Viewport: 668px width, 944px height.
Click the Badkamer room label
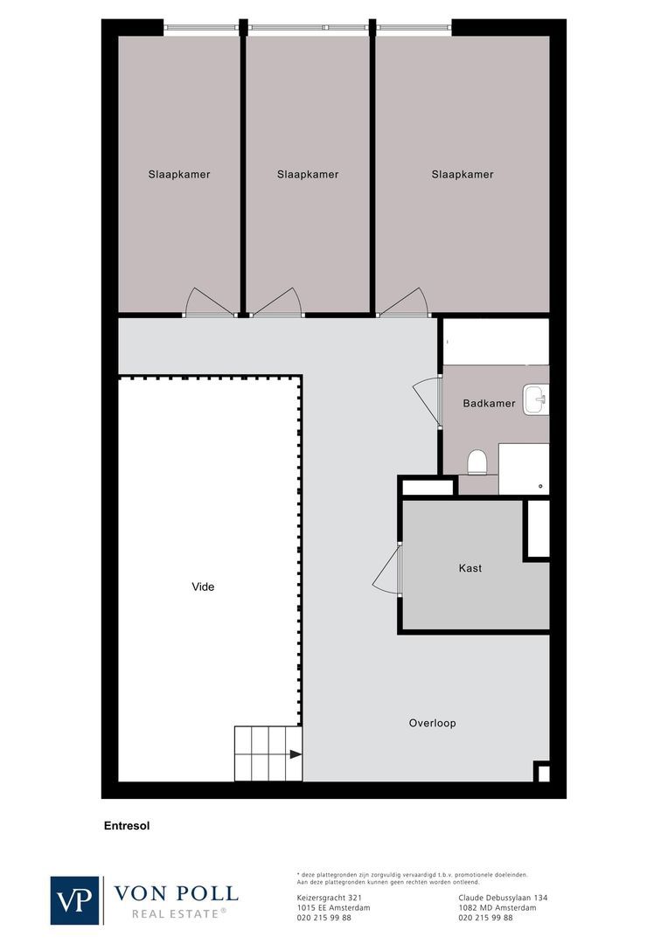point(489,404)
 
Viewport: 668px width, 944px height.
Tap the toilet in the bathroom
point(477,461)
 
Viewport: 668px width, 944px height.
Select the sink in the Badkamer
point(535,400)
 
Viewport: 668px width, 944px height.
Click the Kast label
point(470,568)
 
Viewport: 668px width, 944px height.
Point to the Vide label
point(203,587)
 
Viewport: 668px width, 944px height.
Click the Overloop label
point(432,723)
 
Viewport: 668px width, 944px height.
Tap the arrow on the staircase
point(296,753)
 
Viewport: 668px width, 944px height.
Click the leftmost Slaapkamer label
point(179,174)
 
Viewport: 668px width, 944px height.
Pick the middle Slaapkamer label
point(308,174)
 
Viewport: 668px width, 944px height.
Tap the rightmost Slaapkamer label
point(463,174)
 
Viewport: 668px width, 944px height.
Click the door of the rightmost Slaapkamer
point(404,302)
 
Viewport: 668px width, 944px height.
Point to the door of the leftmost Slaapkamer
point(207,302)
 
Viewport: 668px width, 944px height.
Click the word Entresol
point(127,824)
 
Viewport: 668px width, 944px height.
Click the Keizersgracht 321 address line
point(330,898)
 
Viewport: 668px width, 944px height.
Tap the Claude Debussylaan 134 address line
point(503,898)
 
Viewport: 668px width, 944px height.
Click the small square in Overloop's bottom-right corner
point(542,772)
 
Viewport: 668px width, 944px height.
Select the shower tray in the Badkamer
point(524,469)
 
